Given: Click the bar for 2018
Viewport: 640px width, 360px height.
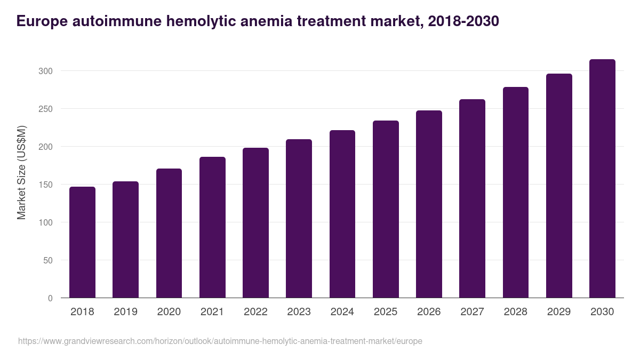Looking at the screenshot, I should click(82, 242).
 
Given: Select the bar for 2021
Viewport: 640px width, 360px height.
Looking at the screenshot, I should click(212, 227).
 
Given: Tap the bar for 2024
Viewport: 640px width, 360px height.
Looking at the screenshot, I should click(342, 214).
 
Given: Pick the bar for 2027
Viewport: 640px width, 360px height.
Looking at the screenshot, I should click(472, 198).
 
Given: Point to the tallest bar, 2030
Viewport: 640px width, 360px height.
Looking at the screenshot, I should click(602, 179).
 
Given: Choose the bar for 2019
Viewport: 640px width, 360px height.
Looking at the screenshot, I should click(125, 239).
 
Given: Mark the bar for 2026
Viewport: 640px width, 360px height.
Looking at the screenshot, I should click(429, 204).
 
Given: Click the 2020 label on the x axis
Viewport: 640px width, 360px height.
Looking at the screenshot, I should click(169, 311).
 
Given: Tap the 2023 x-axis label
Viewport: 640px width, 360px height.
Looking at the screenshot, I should click(299, 311).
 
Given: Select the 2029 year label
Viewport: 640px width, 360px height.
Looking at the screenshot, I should click(559, 311).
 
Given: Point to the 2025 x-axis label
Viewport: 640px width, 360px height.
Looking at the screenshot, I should click(386, 311).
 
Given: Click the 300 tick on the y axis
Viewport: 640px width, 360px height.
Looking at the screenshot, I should click(46, 71).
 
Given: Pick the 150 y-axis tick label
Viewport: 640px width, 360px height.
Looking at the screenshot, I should click(46, 185).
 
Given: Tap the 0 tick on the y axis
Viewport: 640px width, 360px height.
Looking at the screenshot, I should click(50, 298).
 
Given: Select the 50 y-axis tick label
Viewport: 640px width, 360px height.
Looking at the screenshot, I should click(48, 260).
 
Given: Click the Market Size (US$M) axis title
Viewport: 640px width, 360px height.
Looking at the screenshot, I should click(21, 173).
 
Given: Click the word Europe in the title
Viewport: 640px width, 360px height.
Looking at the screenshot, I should click(42, 21).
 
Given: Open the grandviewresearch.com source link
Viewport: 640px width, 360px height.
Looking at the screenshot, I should click(220, 341).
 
